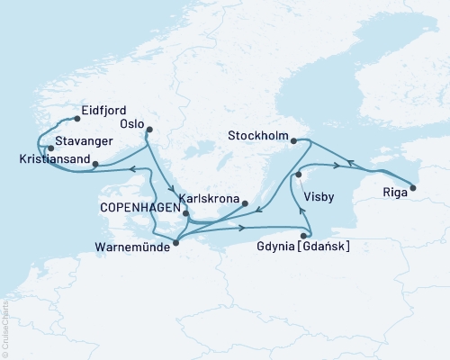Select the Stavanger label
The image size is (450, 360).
[83, 141]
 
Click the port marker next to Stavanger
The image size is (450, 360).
[51, 148]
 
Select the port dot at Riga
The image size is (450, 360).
[413, 188]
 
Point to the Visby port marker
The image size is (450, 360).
[296, 176]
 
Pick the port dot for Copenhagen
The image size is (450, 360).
[186, 214]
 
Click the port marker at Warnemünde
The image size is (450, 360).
[175, 242]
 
